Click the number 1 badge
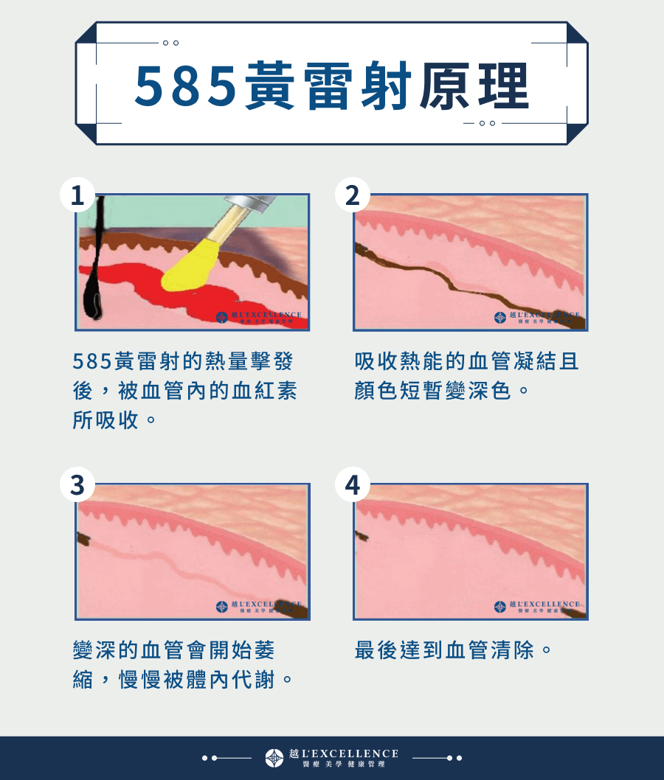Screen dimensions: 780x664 coord(77,195)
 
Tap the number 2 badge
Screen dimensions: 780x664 coord(353,195)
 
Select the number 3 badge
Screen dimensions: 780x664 coord(77,485)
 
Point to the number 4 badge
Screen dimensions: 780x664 coord(353,485)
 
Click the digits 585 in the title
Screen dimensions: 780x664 coord(184,86)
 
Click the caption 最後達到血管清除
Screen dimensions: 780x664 coord(453,651)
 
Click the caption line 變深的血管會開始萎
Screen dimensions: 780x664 coord(174,651)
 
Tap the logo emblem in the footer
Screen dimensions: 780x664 coord(274,757)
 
